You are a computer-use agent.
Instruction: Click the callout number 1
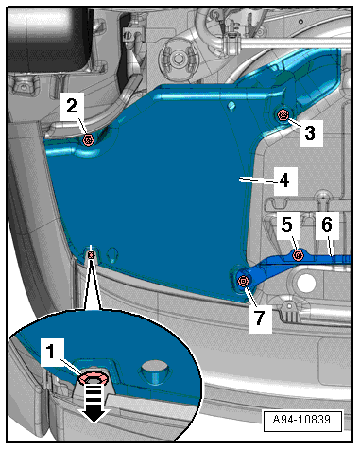pos(51,351)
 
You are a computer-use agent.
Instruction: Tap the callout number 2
pos(72,105)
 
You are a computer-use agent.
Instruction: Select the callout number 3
pos(310,132)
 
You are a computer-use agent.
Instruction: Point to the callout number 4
pos(284,181)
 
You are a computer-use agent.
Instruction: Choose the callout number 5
pos(286,225)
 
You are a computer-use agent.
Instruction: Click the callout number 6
pos(327,225)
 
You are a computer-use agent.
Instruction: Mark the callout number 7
pos(259,318)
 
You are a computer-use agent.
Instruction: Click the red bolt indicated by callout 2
pos(88,140)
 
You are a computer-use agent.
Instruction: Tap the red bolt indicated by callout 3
pos(283,115)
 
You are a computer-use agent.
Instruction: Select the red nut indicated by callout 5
pos(298,254)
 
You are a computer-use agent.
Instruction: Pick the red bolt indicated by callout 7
pos(243,281)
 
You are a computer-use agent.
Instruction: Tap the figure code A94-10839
pos(301,420)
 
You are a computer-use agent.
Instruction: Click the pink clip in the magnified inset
pos(94,377)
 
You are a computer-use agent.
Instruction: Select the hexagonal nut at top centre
pos(179,58)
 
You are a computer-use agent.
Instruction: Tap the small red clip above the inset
pos(91,255)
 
